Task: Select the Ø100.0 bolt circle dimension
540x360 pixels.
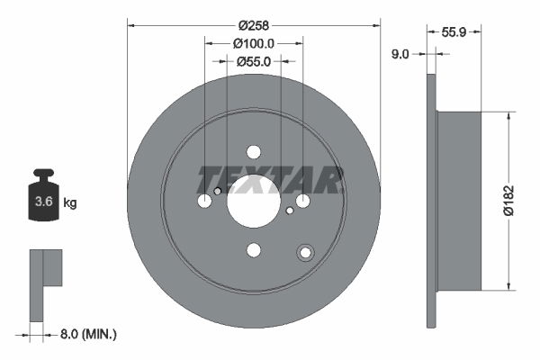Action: tap(253, 43)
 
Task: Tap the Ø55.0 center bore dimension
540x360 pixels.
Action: tap(253, 62)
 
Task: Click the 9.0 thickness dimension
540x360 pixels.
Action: tap(400, 54)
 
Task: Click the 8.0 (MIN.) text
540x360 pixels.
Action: tap(88, 334)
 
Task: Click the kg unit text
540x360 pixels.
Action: tap(69, 203)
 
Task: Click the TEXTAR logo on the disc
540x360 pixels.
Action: tap(271, 180)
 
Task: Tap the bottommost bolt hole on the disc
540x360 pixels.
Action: tap(253, 249)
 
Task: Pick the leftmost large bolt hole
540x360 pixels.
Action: tap(204, 201)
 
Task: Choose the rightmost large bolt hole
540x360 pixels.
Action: tap(302, 201)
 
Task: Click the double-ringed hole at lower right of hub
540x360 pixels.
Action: tap(306, 253)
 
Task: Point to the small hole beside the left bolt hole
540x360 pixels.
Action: tap(218, 191)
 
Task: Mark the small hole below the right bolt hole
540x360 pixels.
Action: tap(289, 211)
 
